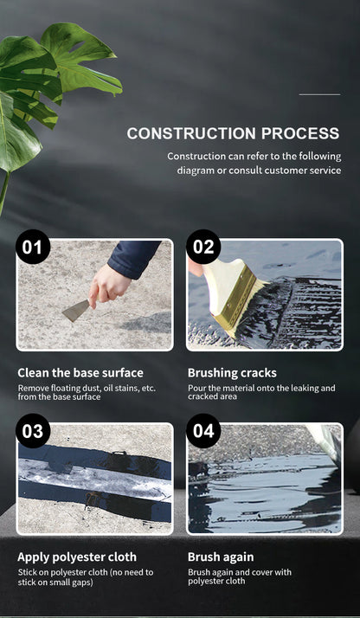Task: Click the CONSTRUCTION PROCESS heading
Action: click(233, 133)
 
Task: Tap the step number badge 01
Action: click(33, 248)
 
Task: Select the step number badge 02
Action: click(203, 248)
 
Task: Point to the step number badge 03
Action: click(33, 431)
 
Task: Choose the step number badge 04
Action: click(203, 431)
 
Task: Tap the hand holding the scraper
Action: click(109, 285)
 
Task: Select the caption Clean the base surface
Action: click(80, 373)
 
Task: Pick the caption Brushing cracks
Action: click(232, 373)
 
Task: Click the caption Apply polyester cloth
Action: click(77, 557)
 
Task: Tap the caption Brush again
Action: click(221, 557)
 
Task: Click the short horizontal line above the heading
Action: click(319, 94)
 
